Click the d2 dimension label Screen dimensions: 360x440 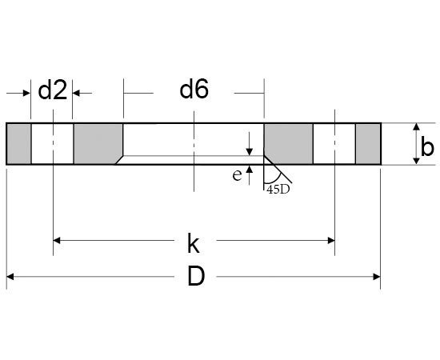coord(52,91)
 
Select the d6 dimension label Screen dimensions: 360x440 coord(194,90)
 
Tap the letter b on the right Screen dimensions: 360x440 coord(427,146)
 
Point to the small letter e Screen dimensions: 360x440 coord(237,175)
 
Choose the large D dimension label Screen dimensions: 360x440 coord(194,277)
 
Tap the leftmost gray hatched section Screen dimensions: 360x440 coord(18,144)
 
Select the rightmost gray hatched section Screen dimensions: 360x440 coord(368,144)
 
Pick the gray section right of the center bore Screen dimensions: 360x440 coord(288,144)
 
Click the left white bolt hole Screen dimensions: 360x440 coord(53,144)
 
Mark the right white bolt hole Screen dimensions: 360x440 coord(334,144)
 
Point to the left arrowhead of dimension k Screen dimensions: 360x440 coord(58,239)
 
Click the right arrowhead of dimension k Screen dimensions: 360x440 coord(330,239)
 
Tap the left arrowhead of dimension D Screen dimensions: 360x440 coord(11,277)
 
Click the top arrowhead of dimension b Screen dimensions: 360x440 coord(416,128)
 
